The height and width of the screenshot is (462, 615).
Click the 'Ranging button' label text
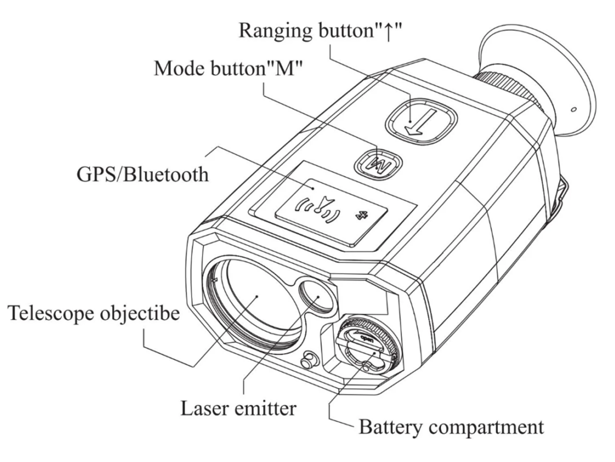click(x=320, y=30)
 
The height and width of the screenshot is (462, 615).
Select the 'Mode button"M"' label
click(x=228, y=68)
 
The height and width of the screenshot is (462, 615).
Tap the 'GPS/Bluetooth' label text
click(x=143, y=174)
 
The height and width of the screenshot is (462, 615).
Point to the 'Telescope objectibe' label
click(x=94, y=313)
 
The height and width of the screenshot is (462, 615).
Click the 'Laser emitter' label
click(x=238, y=409)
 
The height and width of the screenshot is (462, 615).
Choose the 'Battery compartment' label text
click(x=451, y=426)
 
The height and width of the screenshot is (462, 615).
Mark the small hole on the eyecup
click(x=573, y=109)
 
